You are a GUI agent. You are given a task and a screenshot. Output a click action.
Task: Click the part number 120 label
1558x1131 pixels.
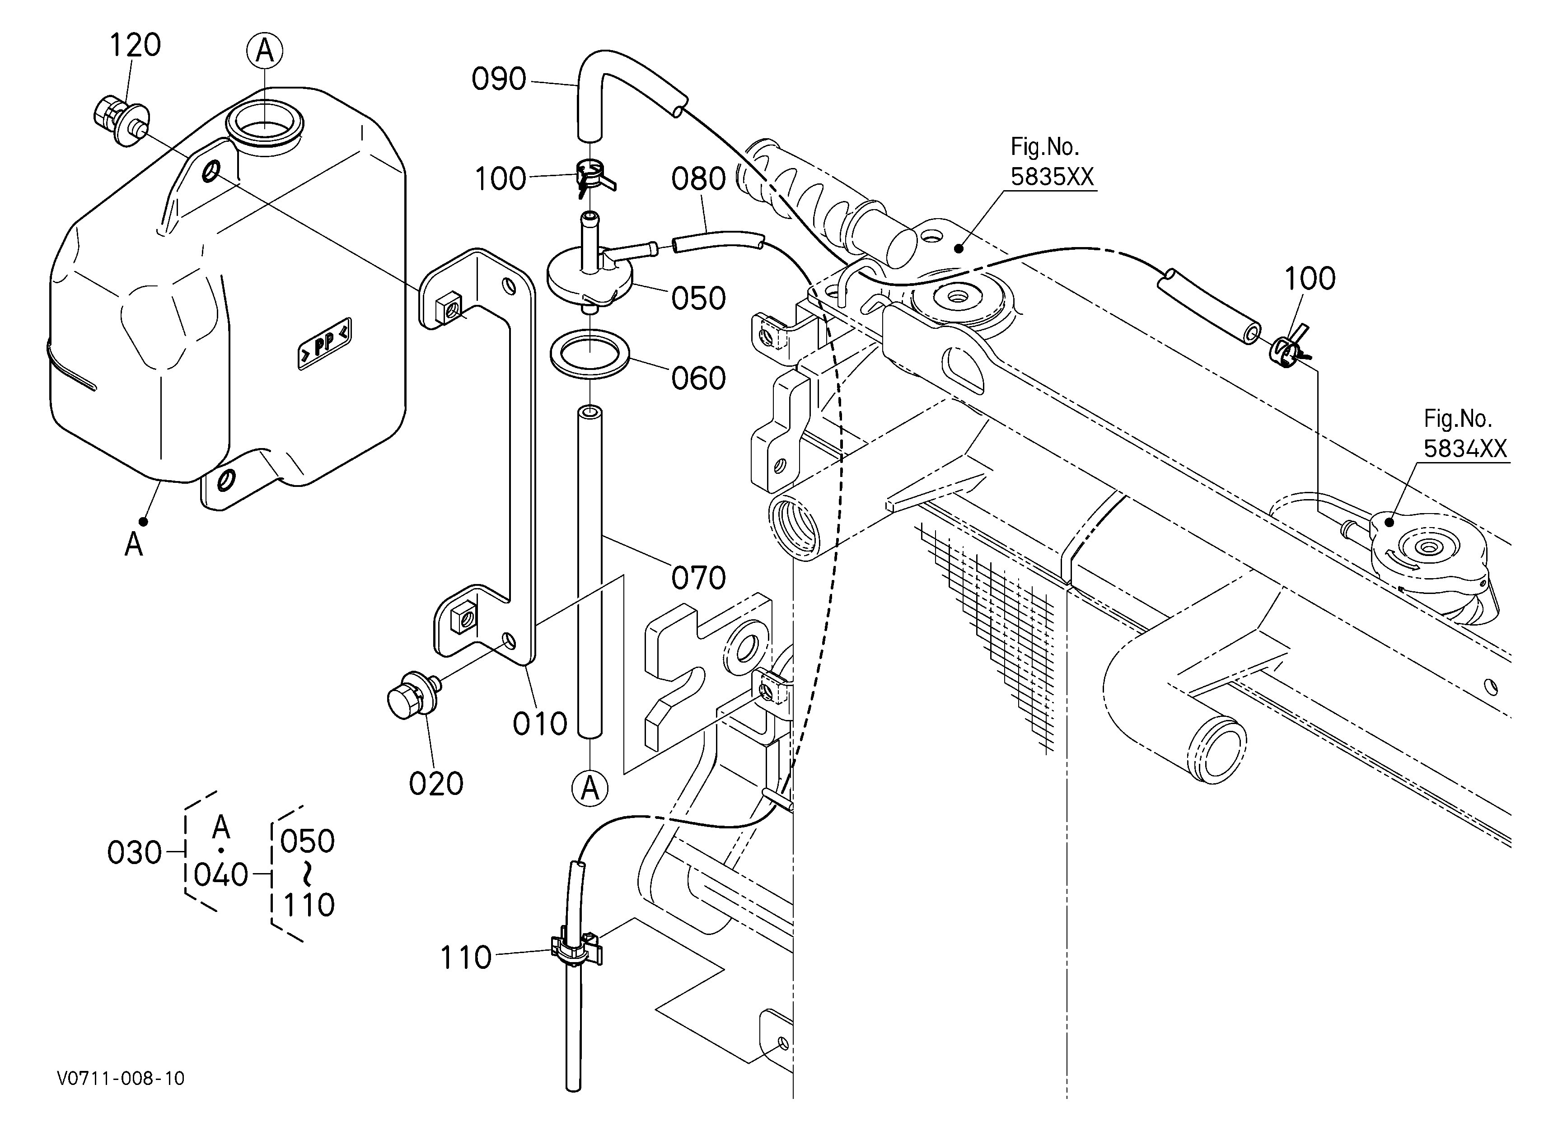[x=136, y=45]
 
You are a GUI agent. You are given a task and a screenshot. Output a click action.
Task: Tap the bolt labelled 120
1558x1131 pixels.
[x=118, y=122]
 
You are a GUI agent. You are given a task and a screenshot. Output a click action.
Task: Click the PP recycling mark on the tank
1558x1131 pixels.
[x=324, y=344]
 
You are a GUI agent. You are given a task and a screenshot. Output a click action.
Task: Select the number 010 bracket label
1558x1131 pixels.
[x=540, y=724]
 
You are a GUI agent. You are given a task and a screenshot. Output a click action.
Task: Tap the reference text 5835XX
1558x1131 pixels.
[x=1052, y=177]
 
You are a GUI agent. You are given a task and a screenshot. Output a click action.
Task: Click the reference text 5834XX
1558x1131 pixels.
[x=1464, y=449]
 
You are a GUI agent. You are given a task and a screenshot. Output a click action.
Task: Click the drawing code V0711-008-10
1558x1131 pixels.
[x=121, y=1079]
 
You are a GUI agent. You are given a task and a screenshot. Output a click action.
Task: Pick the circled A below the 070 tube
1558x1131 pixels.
[x=590, y=789]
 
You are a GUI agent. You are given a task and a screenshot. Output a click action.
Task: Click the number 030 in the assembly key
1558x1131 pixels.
[x=134, y=853]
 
